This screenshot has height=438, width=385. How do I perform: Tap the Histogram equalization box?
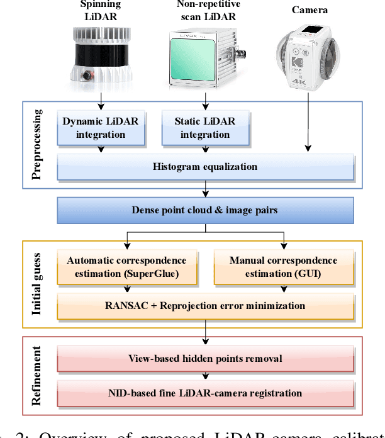point(205,167)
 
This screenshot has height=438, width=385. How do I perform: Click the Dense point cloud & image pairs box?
point(205,210)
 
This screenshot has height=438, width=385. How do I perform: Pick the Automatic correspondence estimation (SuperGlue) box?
point(126,267)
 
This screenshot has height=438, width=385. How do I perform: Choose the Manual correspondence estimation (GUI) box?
point(283,267)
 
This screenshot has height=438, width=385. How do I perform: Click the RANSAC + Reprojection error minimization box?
point(205,306)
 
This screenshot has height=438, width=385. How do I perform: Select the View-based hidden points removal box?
point(205,359)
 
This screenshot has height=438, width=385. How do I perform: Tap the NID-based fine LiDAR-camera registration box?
point(205,393)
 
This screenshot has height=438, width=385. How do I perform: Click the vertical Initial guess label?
point(38,284)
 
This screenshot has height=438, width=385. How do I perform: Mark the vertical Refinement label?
point(38,376)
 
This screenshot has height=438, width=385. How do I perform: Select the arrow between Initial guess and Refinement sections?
point(205,332)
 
